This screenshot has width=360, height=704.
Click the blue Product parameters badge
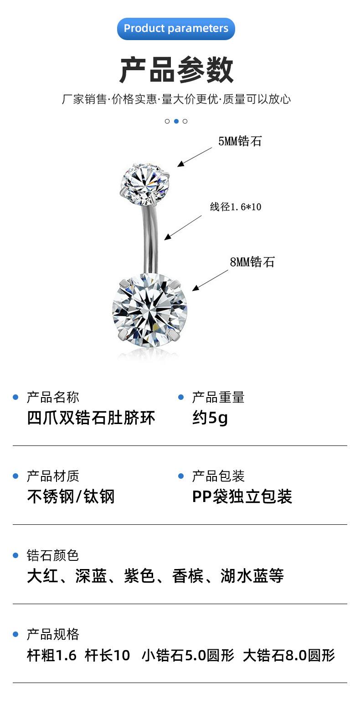pos(176,28)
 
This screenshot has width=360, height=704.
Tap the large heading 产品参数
pos(176,70)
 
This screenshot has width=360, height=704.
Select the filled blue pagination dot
pos(176,121)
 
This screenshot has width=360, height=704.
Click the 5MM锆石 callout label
pos(240,141)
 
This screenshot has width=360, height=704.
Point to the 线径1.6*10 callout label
pos(236,207)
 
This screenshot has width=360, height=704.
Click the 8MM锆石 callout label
pos(252,262)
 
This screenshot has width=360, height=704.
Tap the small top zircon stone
pos(145,184)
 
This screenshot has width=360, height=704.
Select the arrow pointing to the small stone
pos(195,157)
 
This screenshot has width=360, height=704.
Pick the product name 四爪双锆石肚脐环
pos(91,418)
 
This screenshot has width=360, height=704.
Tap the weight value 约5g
pos(210,418)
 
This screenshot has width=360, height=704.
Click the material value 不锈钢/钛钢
pos(71,497)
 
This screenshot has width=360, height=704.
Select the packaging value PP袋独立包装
pos(242,497)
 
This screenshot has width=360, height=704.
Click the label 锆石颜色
pos(53,555)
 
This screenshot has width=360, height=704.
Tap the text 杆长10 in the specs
pos(108,656)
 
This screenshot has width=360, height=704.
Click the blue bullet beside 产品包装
pos(181,476)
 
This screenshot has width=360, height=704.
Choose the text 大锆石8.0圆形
pos(289,656)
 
